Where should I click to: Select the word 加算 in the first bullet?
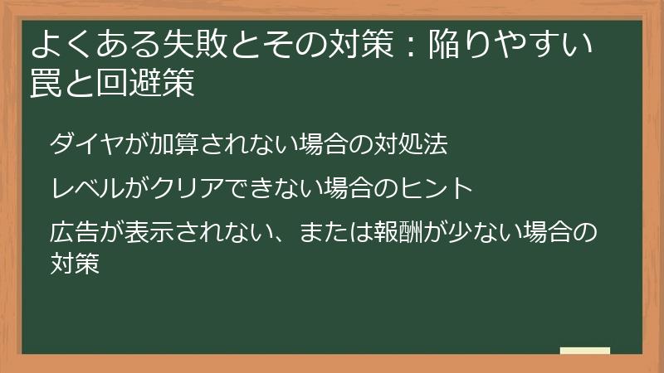168,144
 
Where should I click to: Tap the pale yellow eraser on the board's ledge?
584,351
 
